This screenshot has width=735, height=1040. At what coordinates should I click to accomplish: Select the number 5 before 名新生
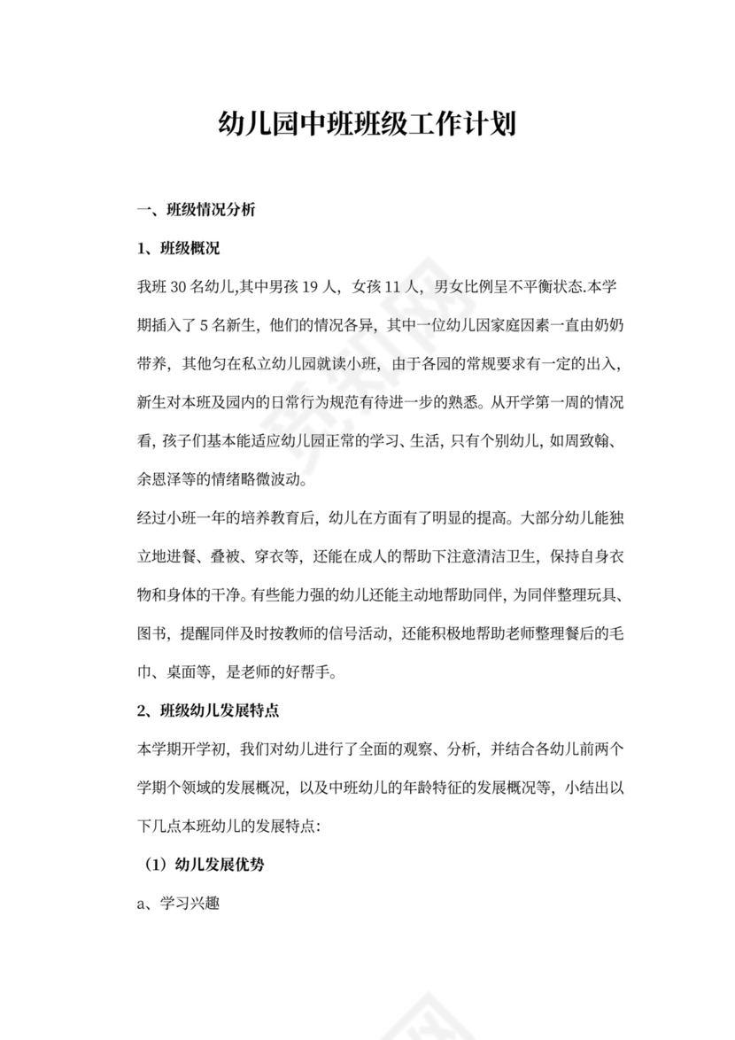point(205,324)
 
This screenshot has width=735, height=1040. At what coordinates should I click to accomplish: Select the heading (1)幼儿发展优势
point(204,865)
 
